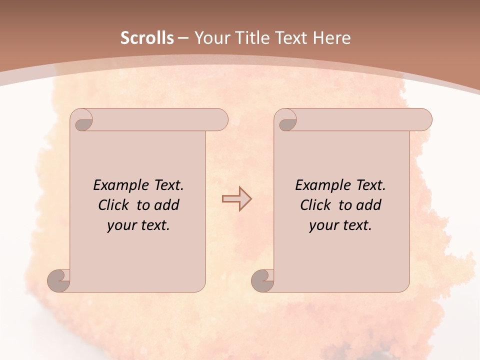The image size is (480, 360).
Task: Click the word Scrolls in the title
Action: point(147,38)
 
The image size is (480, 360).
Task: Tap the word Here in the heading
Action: point(331,38)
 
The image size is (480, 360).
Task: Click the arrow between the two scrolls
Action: point(236,199)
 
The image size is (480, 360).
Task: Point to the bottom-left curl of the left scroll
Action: point(58,280)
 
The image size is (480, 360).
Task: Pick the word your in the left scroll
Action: point(121,225)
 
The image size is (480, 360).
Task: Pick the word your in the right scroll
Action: point(323,225)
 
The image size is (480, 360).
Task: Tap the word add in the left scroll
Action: point(167,205)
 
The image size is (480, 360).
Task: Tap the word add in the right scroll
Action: point(369,205)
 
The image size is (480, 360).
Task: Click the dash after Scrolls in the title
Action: point(183,38)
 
